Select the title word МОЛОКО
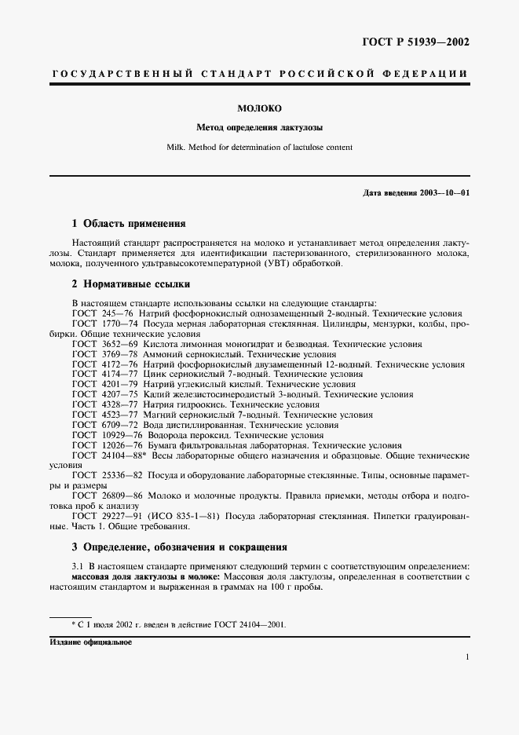point(259,108)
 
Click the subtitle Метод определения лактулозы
point(259,126)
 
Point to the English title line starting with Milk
point(259,147)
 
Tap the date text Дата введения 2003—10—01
point(416,192)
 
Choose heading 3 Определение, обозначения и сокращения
point(179,547)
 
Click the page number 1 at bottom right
point(467,658)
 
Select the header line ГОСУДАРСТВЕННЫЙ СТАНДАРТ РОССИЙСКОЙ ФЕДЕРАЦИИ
point(259,74)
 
